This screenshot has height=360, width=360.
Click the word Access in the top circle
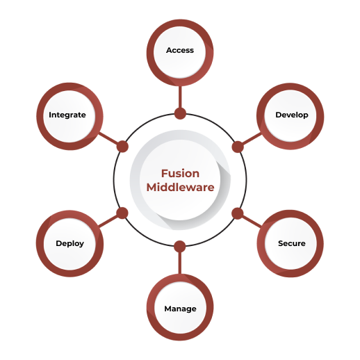pyautogui.click(x=180, y=50)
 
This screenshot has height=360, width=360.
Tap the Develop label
pyautogui.click(x=291, y=115)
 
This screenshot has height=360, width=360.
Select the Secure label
pyautogui.click(x=291, y=244)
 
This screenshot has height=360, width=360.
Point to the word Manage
pyautogui.click(x=180, y=309)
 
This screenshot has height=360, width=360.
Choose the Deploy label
pyautogui.click(x=69, y=244)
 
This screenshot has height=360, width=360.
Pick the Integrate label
pyautogui.click(x=67, y=115)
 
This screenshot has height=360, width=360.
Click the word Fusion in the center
pyautogui.click(x=180, y=173)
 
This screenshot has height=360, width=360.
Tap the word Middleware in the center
pyautogui.click(x=180, y=188)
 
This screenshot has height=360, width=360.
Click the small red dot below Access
pyautogui.click(x=180, y=113)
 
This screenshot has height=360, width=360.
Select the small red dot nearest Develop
pyautogui.click(x=237, y=147)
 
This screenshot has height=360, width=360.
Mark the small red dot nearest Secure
pyautogui.click(x=237, y=213)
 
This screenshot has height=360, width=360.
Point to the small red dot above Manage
pyautogui.click(x=180, y=246)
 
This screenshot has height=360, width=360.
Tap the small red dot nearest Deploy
pyautogui.click(x=122, y=213)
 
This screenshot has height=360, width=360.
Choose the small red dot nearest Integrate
pyautogui.click(x=122, y=147)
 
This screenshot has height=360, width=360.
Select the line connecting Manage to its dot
pyautogui.click(x=180, y=263)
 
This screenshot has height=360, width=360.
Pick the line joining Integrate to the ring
pyautogui.click(x=110, y=140)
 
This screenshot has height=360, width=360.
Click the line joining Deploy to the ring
pyautogui.click(x=110, y=220)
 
